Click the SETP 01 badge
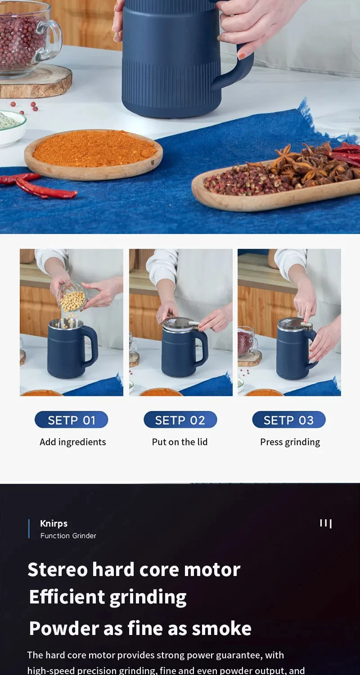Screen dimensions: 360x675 pyautogui.click(x=72, y=419)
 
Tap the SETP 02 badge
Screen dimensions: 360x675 pyautogui.click(x=180, y=419)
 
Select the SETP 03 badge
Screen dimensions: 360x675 pyautogui.click(x=289, y=419)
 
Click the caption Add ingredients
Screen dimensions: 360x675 pyautogui.click(x=72, y=442)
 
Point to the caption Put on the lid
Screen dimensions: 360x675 pyautogui.click(x=180, y=442)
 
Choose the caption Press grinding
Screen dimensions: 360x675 pyautogui.click(x=290, y=442)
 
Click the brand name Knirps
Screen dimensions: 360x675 pyautogui.click(x=54, y=523)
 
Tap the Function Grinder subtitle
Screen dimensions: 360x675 pyautogui.click(x=68, y=535)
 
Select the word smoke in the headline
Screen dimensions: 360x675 pyautogui.click(x=222, y=629)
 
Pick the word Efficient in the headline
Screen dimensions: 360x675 pyautogui.click(x=67, y=597)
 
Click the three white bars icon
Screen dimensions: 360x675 pyautogui.click(x=326, y=523)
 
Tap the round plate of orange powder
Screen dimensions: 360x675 pyautogui.click(x=94, y=154)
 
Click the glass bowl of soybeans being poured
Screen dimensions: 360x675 pyautogui.click(x=72, y=297)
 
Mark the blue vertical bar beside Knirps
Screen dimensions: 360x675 pyautogui.click(x=29, y=529)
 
